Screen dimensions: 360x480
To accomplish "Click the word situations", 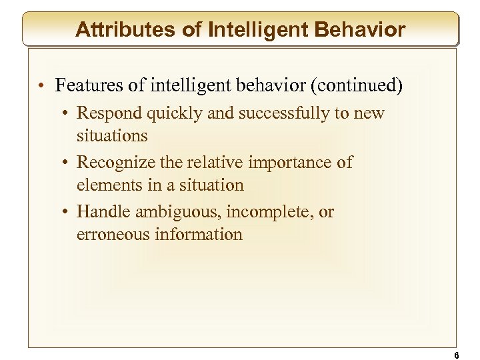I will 112,135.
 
